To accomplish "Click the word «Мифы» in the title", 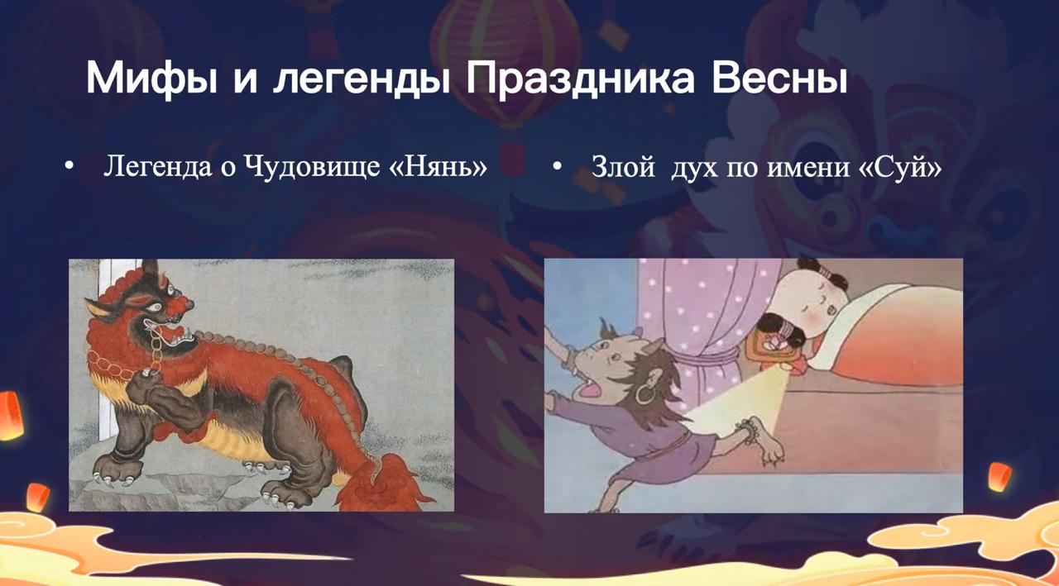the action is click(151, 79).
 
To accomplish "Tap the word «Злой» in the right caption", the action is click(624, 167).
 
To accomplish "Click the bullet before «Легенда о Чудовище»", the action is click(69, 167).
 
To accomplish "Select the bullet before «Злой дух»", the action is click(558, 166).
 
